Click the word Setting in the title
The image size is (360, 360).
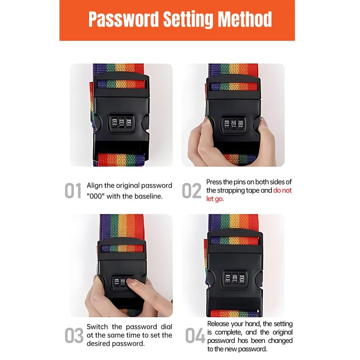pyautogui.click(x=187, y=20)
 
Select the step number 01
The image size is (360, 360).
pyautogui.click(x=73, y=191)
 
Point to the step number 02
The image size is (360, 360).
pyautogui.click(x=191, y=191)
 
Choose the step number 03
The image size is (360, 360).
pyautogui.click(x=74, y=336)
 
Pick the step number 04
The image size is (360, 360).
pyautogui.click(x=194, y=336)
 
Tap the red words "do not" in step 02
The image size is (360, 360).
pyautogui.click(x=282, y=190)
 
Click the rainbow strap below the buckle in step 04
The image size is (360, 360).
pyautogui.click(x=234, y=312)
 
